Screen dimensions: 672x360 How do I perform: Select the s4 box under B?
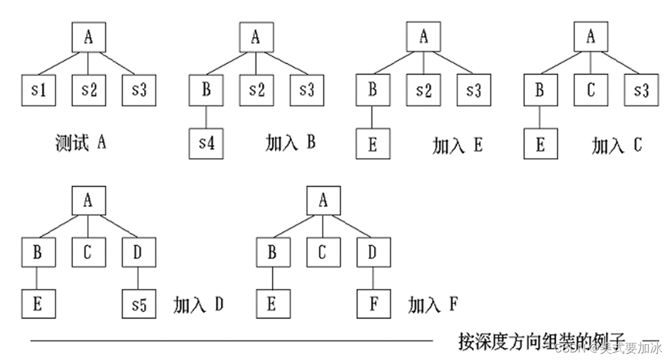[206, 143]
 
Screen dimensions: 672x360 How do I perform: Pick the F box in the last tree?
[374, 305]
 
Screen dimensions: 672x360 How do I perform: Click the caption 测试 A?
[81, 143]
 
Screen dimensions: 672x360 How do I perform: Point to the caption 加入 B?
[290, 143]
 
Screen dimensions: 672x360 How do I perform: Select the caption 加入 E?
[457, 145]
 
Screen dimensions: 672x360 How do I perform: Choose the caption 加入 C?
[616, 145]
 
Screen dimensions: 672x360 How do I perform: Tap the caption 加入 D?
[198, 305]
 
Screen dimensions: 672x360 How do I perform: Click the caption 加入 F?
[432, 305]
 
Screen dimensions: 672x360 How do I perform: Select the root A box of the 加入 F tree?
[323, 201]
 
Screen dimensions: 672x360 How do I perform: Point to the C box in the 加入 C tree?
[590, 90]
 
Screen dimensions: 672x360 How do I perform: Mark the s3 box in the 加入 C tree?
[641, 90]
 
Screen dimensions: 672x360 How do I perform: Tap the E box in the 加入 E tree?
[372, 144]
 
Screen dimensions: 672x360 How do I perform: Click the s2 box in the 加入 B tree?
[256, 90]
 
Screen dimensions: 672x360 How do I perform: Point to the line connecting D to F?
[374, 278]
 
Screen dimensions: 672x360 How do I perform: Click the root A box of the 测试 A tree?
[87, 38]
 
